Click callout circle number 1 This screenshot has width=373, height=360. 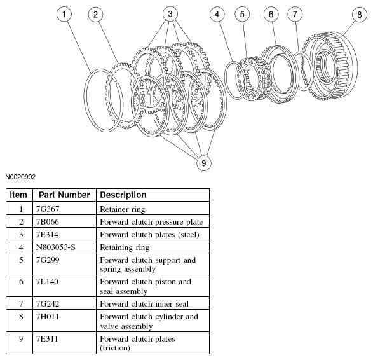click(x=64, y=14)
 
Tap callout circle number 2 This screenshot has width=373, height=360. click(x=95, y=15)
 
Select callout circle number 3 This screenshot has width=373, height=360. click(x=170, y=14)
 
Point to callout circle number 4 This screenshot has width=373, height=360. click(x=217, y=15)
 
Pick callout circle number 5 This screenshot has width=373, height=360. click(x=242, y=14)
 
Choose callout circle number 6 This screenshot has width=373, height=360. click(x=271, y=14)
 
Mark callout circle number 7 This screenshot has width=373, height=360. click(x=295, y=14)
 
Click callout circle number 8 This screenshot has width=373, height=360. click(x=360, y=15)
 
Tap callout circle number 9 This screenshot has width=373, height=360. click(x=204, y=163)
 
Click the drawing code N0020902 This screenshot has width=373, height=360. click(x=20, y=177)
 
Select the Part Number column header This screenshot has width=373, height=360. click(x=64, y=195)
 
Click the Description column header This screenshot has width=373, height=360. click(x=123, y=195)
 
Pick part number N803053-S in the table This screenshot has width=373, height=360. click(x=56, y=247)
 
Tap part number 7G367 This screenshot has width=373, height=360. click(x=48, y=209)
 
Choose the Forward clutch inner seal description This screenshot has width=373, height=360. click(x=144, y=304)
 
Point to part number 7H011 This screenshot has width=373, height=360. click(x=47, y=317)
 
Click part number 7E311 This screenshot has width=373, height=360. click(x=47, y=339)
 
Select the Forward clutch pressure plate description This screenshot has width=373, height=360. click(x=151, y=222)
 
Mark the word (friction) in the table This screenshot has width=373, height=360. click(x=115, y=348)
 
